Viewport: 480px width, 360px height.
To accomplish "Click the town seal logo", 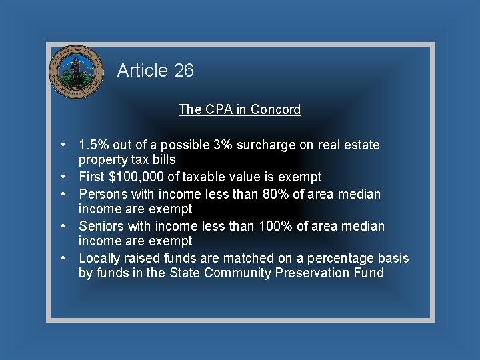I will pos(77,71).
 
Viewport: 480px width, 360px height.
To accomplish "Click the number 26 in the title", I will pos(183,71).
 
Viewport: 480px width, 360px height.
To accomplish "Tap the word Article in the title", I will pos(142,71).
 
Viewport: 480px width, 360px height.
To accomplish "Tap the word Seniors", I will pos(101,226).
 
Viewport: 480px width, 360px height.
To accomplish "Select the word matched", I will pos(248,258).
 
